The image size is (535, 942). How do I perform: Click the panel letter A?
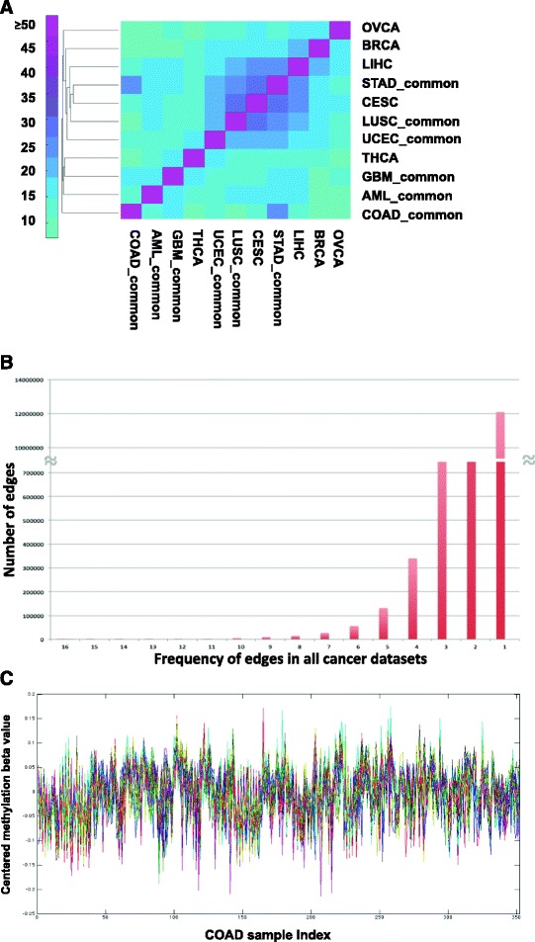coord(10,9)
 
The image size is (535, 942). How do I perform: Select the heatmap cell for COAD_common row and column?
coord(131,212)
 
